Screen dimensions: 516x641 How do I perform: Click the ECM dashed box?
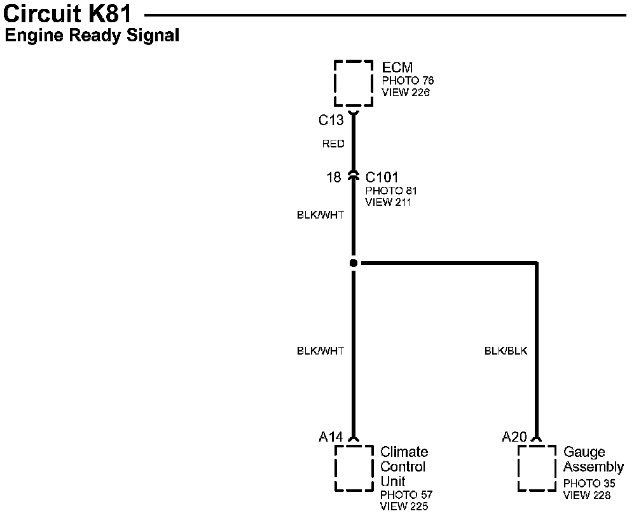click(x=354, y=83)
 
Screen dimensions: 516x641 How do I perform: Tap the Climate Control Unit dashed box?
click(x=354, y=468)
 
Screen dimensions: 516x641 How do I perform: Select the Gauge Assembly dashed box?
click(x=537, y=468)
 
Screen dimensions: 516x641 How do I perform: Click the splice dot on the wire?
click(x=354, y=262)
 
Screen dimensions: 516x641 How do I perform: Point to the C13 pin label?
click(x=331, y=119)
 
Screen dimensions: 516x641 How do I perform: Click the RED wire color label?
click(x=333, y=144)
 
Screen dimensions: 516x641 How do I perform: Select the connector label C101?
click(x=382, y=177)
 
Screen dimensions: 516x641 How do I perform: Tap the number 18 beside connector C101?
click(x=334, y=177)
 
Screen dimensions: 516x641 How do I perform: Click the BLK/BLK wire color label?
click(x=506, y=351)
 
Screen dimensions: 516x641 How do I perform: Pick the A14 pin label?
click(x=331, y=437)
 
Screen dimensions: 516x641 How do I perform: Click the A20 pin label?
click(x=514, y=437)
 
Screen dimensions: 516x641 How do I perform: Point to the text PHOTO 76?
click(x=408, y=81)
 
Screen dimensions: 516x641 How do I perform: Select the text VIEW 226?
click(x=406, y=92)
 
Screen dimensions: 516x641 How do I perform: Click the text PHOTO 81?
click(x=391, y=191)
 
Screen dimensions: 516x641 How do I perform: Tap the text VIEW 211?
click(x=389, y=202)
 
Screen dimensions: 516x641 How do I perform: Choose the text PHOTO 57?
click(x=406, y=495)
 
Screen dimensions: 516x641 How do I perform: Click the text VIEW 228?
click(x=588, y=495)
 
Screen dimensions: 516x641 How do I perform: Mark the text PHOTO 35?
click(x=589, y=484)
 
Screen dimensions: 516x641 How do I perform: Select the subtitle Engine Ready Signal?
click(x=92, y=36)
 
